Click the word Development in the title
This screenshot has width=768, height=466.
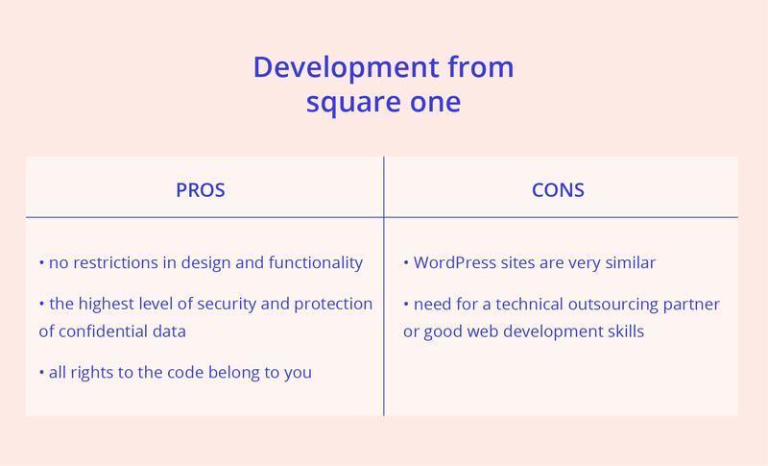pyautogui.click(x=346, y=67)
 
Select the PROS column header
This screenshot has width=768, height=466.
pyautogui.click(x=201, y=190)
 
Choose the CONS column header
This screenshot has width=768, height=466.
pyautogui.click(x=558, y=190)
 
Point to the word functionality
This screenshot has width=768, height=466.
pyautogui.click(x=316, y=263)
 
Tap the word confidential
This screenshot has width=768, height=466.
pyautogui.click(x=99, y=331)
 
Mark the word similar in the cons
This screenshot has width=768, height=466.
pyautogui.click(x=631, y=262)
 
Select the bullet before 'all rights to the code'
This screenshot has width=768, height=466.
pyautogui.click(x=41, y=373)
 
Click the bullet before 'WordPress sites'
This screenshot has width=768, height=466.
pyautogui.click(x=406, y=262)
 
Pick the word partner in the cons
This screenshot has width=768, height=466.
pyautogui.click(x=691, y=305)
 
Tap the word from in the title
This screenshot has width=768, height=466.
pyautogui.click(x=481, y=67)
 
